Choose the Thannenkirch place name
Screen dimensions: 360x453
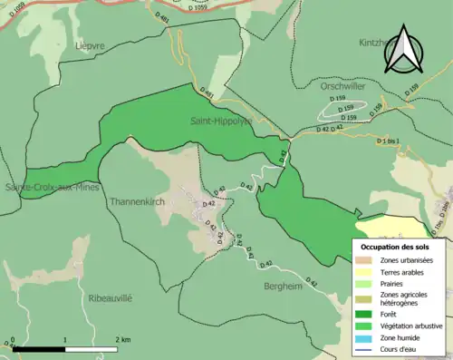(x=136, y=201)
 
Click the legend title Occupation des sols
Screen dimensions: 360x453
(x=395, y=247)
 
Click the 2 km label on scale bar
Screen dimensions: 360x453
(x=123, y=339)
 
